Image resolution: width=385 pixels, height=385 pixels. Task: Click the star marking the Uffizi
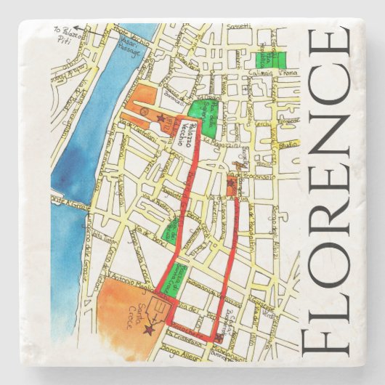coord(160,118)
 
